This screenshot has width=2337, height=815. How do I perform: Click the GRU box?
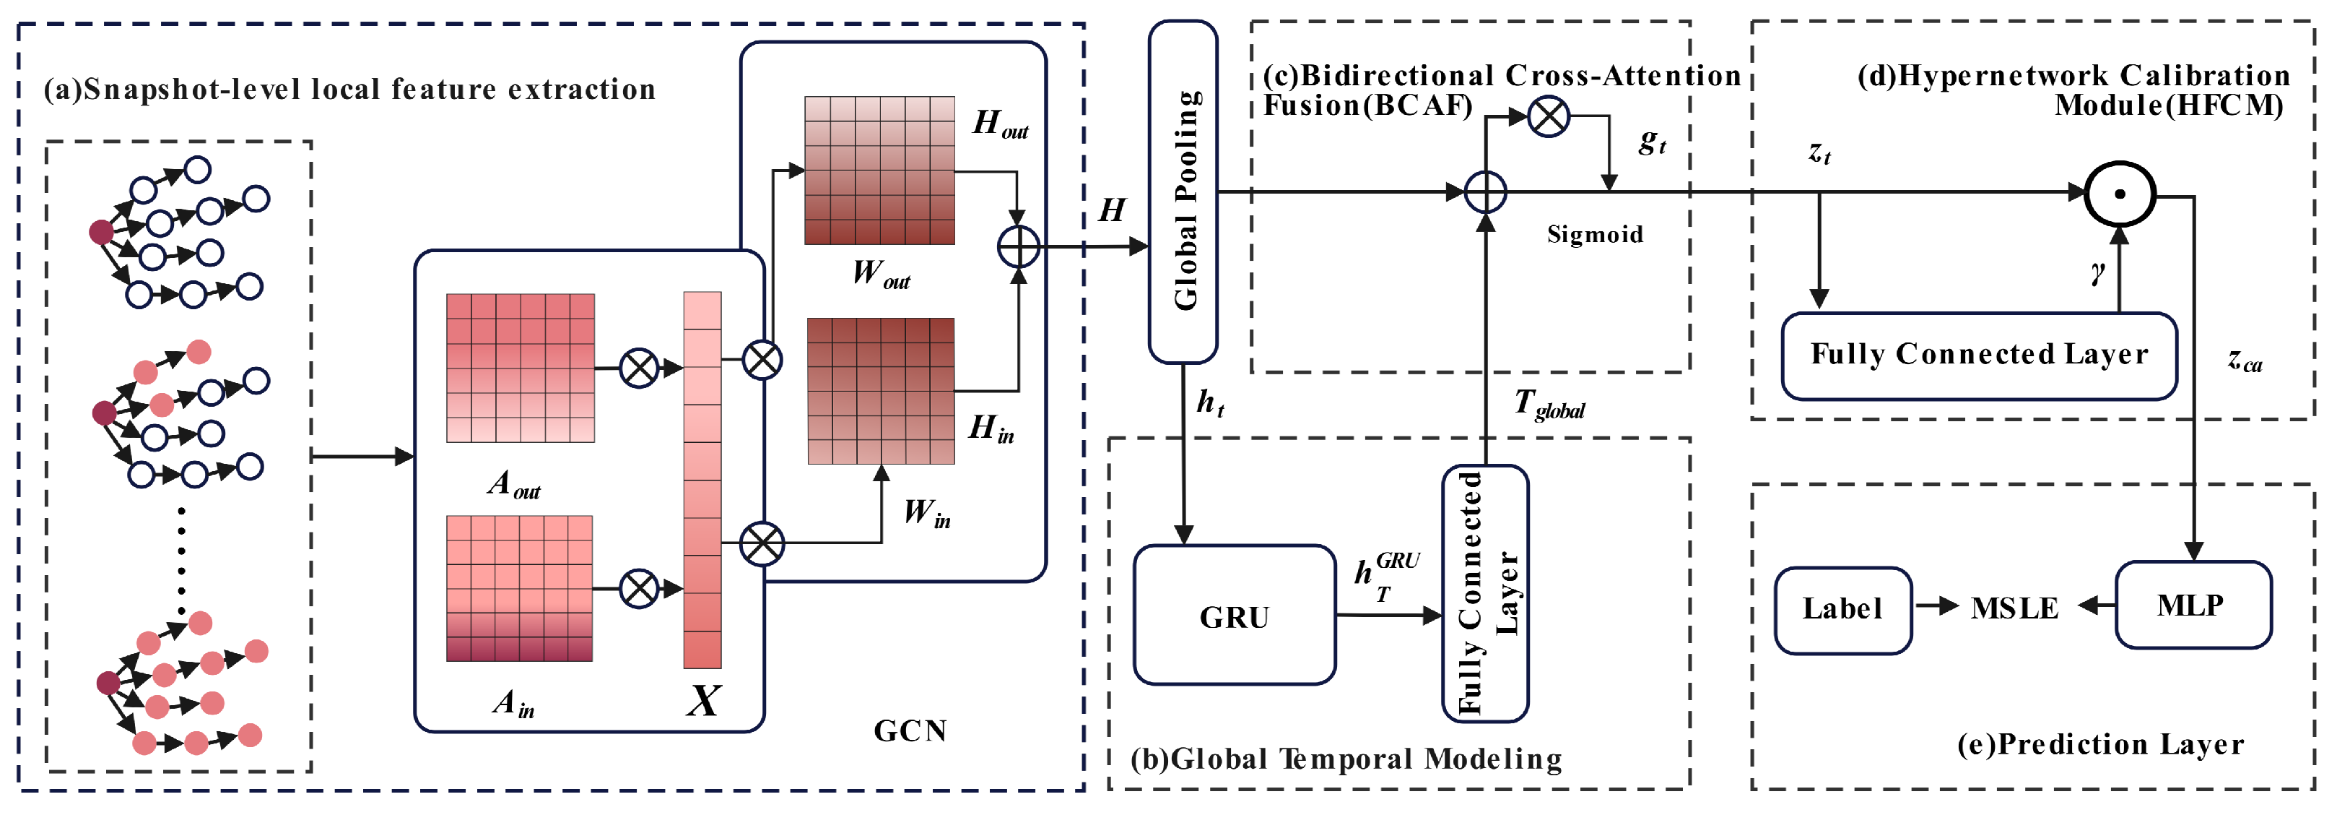tap(1234, 616)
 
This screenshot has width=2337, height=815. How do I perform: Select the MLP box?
tap(2193, 605)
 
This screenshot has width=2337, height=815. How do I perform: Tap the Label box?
tap(1842, 610)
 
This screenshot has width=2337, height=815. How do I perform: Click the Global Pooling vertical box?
tap(1183, 192)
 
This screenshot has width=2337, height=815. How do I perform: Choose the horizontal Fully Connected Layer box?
tap(1980, 355)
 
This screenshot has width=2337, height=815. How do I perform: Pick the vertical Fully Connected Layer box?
tap(1485, 594)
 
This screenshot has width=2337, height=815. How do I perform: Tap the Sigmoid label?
tap(1595, 235)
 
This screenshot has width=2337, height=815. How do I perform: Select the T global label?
tap(1549, 405)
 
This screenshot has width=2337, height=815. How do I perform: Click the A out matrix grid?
tap(521, 368)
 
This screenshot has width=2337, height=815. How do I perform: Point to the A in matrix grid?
tap(520, 588)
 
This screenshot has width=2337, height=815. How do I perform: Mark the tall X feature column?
tap(702, 479)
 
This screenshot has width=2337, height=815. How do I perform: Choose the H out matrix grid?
tap(879, 171)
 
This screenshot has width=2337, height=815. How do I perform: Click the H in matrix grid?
tap(881, 391)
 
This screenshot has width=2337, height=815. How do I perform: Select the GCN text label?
tap(910, 730)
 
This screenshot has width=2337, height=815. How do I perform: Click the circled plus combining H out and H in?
tap(1018, 247)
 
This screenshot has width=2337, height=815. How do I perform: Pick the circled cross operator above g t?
tap(1549, 116)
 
